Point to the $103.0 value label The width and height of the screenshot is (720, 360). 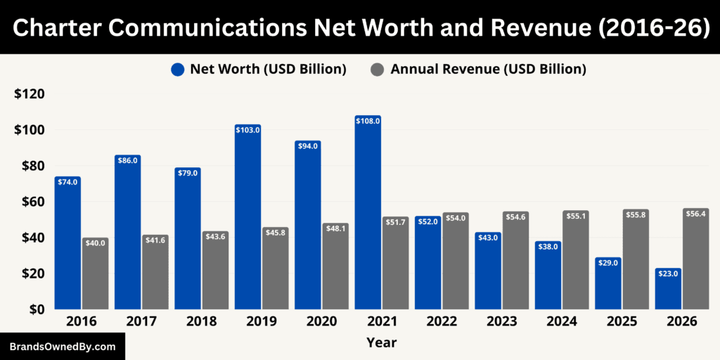click(247, 130)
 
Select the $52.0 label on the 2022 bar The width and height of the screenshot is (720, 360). click(427, 221)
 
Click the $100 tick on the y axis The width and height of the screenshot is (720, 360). click(30, 130)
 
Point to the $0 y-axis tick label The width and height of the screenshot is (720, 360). click(35, 309)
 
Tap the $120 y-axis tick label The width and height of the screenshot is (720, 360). click(30, 94)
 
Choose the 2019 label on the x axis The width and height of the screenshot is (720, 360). click(261, 321)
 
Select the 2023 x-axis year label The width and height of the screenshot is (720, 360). click(501, 321)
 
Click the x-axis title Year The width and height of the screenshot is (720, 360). click(381, 342)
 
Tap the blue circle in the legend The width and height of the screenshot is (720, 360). click(177, 69)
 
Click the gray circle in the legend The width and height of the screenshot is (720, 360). click(378, 69)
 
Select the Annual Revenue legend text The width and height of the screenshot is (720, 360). click(488, 69)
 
